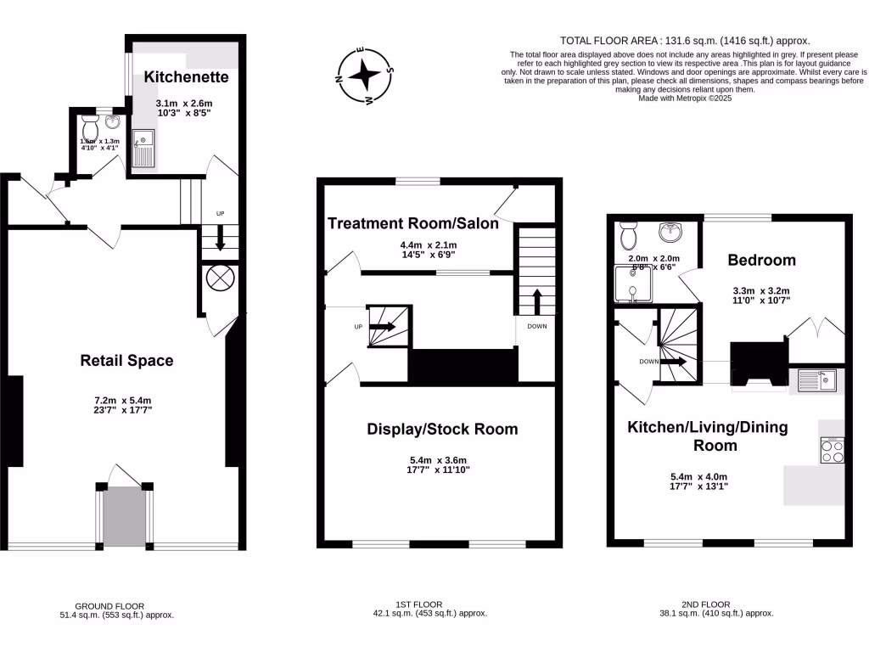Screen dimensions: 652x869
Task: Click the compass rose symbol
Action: tap(364, 76)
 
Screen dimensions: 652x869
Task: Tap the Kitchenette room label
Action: tap(186, 76)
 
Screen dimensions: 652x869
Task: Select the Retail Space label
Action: tap(126, 360)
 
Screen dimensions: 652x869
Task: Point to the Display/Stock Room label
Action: tap(441, 429)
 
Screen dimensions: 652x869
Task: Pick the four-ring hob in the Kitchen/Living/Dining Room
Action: tap(832, 450)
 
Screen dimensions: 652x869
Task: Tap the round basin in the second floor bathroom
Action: tap(676, 230)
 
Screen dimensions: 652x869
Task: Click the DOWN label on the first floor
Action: tap(536, 326)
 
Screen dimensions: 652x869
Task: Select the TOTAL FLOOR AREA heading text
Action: tap(685, 40)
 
